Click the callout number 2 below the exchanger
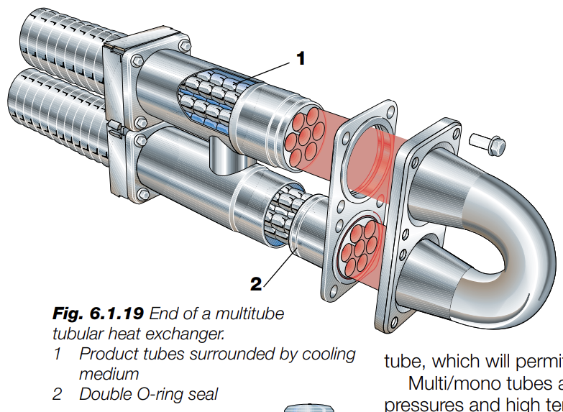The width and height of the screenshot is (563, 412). (x=257, y=284)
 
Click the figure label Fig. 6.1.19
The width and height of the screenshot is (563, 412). (x=100, y=314)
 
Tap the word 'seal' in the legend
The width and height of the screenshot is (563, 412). (x=203, y=394)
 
